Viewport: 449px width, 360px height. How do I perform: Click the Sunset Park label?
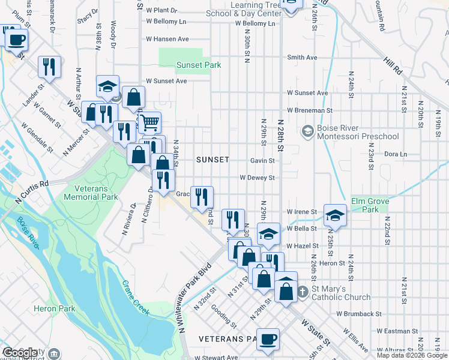[199, 65]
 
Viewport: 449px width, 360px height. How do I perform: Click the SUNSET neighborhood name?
[212, 160]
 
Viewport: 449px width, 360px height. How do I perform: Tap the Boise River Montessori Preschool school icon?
[307, 131]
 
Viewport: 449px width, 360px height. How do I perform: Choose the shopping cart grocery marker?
[149, 122]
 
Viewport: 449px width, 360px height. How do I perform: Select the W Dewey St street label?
[257, 178]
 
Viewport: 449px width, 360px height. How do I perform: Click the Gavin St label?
[262, 161]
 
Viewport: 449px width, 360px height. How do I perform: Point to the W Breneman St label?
[309, 110]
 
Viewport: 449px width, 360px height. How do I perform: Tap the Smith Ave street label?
[302, 58]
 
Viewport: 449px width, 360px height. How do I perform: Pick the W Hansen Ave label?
[167, 39]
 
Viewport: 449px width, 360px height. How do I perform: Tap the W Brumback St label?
[359, 314]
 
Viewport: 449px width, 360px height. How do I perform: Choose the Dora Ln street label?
[395, 154]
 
